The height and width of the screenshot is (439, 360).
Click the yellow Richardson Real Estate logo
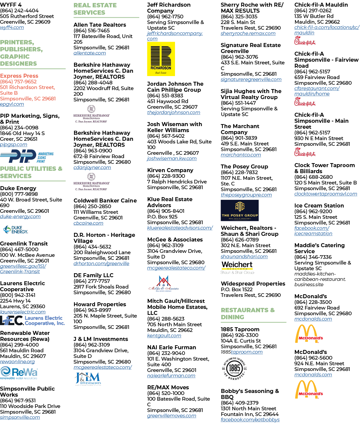tap(161, 59)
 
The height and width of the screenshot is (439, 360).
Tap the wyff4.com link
tap(12, 27)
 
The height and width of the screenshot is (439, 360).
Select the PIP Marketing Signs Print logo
tap(27, 156)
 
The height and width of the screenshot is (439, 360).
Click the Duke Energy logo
tap(16, 230)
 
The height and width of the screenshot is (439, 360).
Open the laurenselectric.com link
tap(23, 312)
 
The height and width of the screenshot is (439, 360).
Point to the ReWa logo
tap(19, 373)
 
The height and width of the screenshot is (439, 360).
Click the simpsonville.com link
tap(20, 417)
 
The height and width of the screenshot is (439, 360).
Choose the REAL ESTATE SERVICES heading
tap(95, 9)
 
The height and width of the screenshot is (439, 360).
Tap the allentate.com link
tap(90, 53)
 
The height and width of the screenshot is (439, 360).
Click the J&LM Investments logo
tap(88, 379)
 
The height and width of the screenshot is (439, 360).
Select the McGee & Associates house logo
tap(164, 283)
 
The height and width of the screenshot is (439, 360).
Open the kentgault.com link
tap(164, 336)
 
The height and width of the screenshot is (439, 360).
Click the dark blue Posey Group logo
tap(240, 210)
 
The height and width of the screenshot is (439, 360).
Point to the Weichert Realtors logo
tap(237, 268)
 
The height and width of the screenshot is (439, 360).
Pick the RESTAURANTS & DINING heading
tap(248, 313)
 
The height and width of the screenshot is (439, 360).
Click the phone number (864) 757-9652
tap(18, 82)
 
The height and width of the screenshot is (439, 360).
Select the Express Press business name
tap(19, 76)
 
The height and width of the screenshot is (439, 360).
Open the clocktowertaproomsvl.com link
tap(326, 194)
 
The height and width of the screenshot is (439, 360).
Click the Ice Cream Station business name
tap(319, 205)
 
